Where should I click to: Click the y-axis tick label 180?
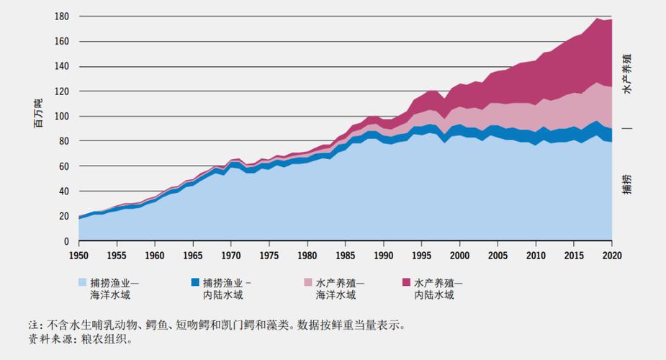[62, 17]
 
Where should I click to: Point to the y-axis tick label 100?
[62, 117]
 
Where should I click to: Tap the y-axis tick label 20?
[64, 217]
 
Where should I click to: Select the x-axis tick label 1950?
[78, 255]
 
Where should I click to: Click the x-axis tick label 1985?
[346, 255]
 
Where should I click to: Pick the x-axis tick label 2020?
[612, 255]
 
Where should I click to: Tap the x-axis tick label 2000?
[459, 255]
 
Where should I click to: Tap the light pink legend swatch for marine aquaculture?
[305, 282]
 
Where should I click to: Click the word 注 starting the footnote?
[33, 325]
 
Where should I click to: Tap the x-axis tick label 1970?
[231, 255]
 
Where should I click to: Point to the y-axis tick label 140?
[62, 66]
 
